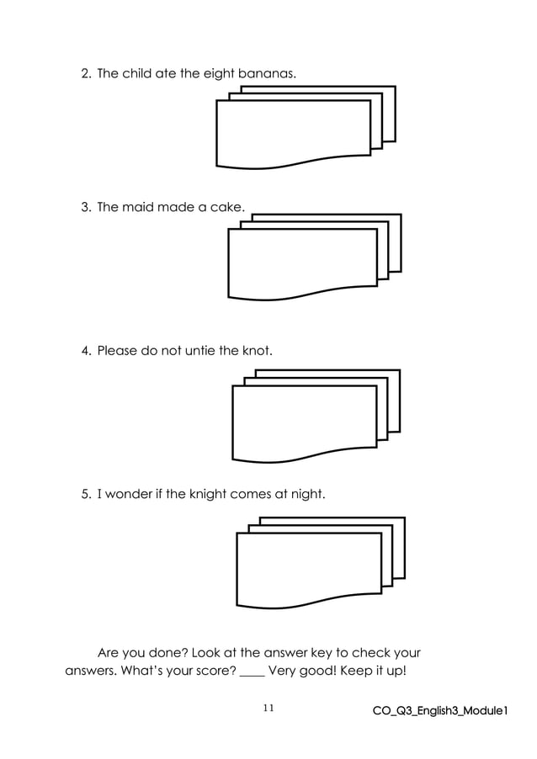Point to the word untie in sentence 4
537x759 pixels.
click(195, 350)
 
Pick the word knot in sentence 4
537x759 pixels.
click(257, 350)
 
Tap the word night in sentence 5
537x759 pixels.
click(306, 494)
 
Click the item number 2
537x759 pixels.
click(85, 74)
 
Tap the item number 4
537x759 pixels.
click(85, 350)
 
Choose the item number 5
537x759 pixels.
click(85, 494)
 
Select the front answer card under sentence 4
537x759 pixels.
click(304, 422)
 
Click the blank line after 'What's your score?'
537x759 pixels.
click(252, 672)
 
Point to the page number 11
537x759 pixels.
click(268, 709)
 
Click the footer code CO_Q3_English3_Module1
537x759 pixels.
click(440, 711)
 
